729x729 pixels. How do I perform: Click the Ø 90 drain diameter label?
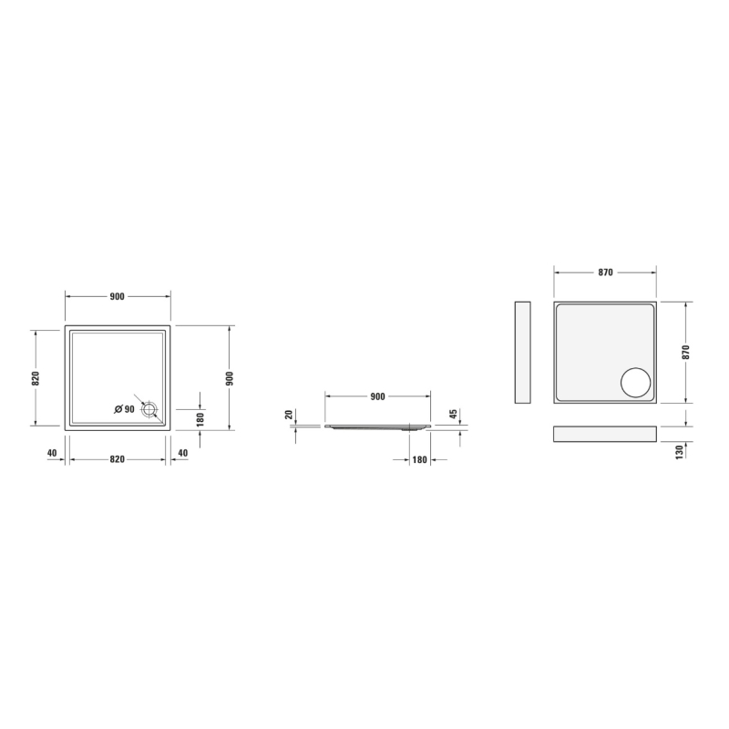pyautogui.click(x=124, y=409)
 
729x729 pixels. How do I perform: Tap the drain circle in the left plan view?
pyautogui.click(x=149, y=409)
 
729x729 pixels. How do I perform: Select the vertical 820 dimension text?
pyautogui.click(x=36, y=378)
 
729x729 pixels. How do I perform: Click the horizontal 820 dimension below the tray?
pyautogui.click(x=118, y=459)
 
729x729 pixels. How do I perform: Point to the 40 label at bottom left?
pyautogui.click(x=52, y=453)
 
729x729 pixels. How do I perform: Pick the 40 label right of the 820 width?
pyautogui.click(x=183, y=453)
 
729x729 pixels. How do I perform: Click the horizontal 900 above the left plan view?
pyautogui.click(x=118, y=297)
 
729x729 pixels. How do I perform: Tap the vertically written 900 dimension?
pyautogui.click(x=230, y=378)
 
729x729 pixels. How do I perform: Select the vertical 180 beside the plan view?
pyautogui.click(x=200, y=419)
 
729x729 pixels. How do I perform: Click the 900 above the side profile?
pyautogui.click(x=378, y=396)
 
